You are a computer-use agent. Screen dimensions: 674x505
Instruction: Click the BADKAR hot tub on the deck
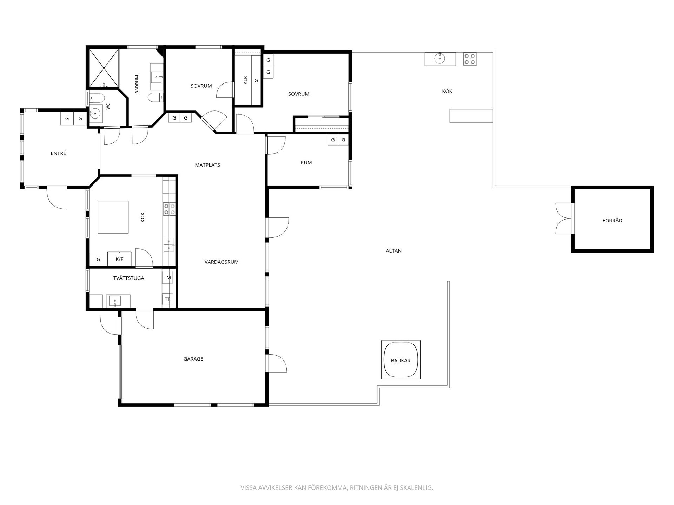pyautogui.click(x=401, y=359)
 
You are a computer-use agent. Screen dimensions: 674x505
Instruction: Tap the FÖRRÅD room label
pyautogui.click(x=612, y=221)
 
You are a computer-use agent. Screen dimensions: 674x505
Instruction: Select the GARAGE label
pyautogui.click(x=193, y=359)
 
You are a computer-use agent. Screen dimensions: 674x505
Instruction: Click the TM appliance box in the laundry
pyautogui.click(x=167, y=277)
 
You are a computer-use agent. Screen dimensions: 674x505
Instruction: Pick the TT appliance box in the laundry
pyautogui.click(x=167, y=299)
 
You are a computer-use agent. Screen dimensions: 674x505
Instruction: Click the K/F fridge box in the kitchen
pyautogui.click(x=119, y=259)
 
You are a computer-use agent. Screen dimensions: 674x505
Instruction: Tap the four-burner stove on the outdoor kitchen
pyautogui.click(x=470, y=59)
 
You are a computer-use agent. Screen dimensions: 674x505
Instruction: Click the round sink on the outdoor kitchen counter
pyautogui.click(x=440, y=59)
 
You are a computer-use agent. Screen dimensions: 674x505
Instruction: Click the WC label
pyautogui.click(x=108, y=106)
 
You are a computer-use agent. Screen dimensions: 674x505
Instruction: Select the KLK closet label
pyautogui.click(x=245, y=80)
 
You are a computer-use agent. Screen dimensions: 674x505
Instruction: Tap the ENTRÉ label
pyautogui.click(x=58, y=153)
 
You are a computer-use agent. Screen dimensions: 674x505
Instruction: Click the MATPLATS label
pyautogui.click(x=207, y=165)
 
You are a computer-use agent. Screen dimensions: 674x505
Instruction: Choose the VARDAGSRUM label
pyautogui.click(x=222, y=262)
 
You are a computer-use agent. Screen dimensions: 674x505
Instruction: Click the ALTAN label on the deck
pyautogui.click(x=394, y=251)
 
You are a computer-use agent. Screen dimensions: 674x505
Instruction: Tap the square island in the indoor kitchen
pyautogui.click(x=113, y=217)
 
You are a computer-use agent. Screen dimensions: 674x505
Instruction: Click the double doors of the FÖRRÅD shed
pyautogui.click(x=563, y=218)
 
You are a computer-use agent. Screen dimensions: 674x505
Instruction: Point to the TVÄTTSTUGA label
pyautogui.click(x=128, y=278)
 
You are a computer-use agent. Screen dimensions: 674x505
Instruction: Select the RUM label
pyautogui.click(x=306, y=163)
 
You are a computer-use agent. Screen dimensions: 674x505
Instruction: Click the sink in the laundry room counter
pyautogui.click(x=115, y=301)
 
